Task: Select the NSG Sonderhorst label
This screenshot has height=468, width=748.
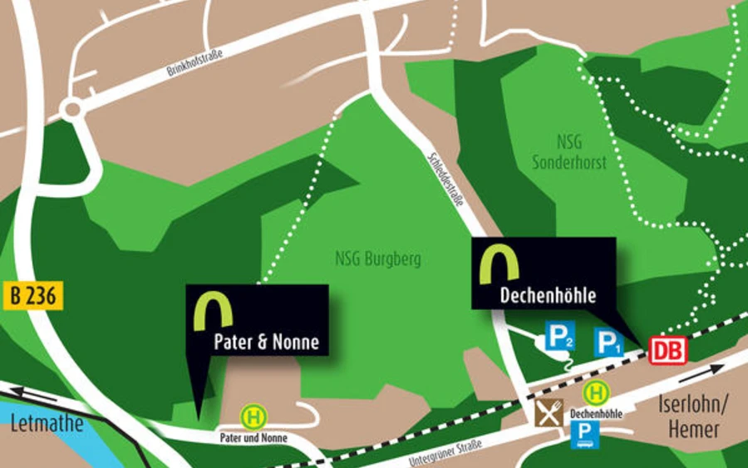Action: point(569,153)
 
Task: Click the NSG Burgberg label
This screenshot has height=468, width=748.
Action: point(378,259)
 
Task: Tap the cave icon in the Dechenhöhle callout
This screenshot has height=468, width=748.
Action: point(499,264)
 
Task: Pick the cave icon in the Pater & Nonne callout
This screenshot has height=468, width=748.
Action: point(214,309)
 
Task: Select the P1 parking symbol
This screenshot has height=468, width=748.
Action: point(608,342)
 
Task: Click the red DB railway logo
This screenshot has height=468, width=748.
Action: point(667,350)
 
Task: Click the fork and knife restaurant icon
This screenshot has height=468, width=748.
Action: point(549,412)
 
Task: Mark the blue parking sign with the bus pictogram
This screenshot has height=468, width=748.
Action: point(584,434)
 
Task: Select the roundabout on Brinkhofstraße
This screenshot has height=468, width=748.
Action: point(72,109)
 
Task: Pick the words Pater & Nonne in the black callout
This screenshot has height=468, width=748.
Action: point(266,342)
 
